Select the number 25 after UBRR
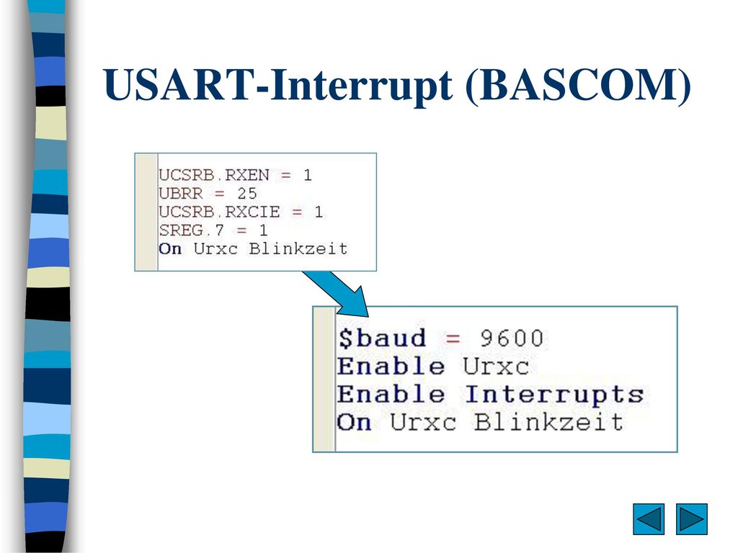tap(246, 193)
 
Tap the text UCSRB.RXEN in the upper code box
tap(213, 175)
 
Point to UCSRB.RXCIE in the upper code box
tap(219, 212)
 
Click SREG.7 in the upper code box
tap(191, 230)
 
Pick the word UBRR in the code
tap(180, 193)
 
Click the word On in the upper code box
tap(170, 248)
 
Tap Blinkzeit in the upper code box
tap(298, 248)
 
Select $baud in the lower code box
tap(382, 338)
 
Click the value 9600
tap(512, 338)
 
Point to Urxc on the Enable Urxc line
tap(496, 367)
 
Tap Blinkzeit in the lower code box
tap(548, 422)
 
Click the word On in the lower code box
tap(354, 422)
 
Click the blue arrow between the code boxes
tap(337, 292)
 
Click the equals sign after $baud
tap(453, 338)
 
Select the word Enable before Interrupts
tap(391, 394)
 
